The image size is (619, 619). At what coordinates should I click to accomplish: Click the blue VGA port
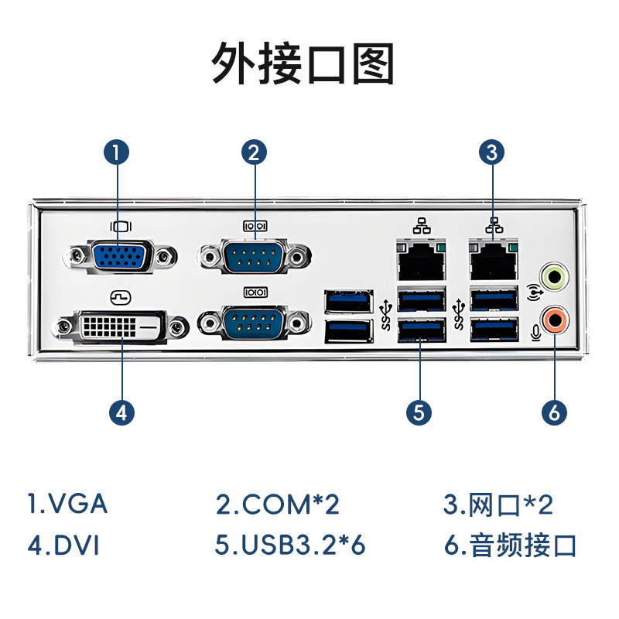click(x=120, y=256)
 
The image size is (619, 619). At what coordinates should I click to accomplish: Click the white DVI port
click(x=120, y=327)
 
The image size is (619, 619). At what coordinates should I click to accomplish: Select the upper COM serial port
click(x=255, y=256)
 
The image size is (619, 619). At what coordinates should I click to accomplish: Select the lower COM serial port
click(x=255, y=323)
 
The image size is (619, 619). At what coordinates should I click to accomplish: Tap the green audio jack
click(x=554, y=278)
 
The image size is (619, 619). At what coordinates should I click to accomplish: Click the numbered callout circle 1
click(x=117, y=152)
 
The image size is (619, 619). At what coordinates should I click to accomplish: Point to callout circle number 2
click(x=255, y=152)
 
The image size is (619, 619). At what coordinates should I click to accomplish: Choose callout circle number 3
click(x=492, y=152)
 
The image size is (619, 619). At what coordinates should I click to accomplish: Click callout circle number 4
click(x=121, y=412)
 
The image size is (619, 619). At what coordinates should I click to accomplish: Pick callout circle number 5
click(x=419, y=412)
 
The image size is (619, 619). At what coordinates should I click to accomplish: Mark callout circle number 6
click(x=554, y=412)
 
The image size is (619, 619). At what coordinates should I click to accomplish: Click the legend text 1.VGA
click(x=67, y=504)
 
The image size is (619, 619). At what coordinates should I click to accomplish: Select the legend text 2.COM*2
click(x=278, y=504)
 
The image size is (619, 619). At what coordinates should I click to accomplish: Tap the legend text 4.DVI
click(x=63, y=545)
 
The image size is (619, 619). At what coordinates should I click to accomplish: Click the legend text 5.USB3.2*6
click(x=290, y=545)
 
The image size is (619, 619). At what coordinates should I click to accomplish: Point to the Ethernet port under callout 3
click(x=494, y=259)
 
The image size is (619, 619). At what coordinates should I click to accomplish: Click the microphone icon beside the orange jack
click(x=535, y=333)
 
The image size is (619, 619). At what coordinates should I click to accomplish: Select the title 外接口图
click(x=303, y=63)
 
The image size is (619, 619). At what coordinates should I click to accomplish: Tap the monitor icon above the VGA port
click(x=121, y=227)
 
